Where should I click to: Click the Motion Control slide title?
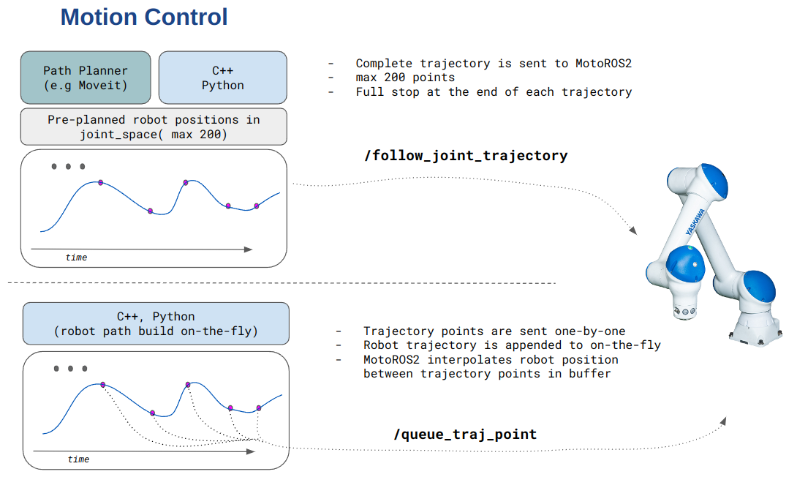pyautogui.click(x=144, y=17)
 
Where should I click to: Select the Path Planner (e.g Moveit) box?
pyautogui.click(x=86, y=78)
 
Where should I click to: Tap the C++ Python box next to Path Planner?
pyautogui.click(x=222, y=78)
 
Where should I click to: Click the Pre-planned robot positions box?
pyautogui.click(x=154, y=127)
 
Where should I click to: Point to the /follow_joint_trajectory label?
pyautogui.click(x=465, y=155)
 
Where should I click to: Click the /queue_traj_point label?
pyautogui.click(x=465, y=435)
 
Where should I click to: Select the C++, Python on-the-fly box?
pyautogui.click(x=156, y=323)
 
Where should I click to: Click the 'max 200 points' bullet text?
pyautogui.click(x=405, y=78)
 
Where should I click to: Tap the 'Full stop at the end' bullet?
pyautogui.click(x=494, y=92)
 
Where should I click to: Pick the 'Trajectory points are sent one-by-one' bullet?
pyautogui.click(x=494, y=331)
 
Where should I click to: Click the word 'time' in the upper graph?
pyautogui.click(x=76, y=258)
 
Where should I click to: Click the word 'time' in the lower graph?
pyautogui.click(x=78, y=459)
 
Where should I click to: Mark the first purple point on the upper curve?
pyautogui.click(x=101, y=182)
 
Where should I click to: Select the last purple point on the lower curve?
pyautogui.click(x=259, y=407)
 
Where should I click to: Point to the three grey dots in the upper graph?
pyautogui.click(x=68, y=167)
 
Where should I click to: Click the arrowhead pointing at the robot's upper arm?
pyautogui.click(x=632, y=230)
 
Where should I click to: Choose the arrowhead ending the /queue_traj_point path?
pyautogui.click(x=724, y=421)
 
